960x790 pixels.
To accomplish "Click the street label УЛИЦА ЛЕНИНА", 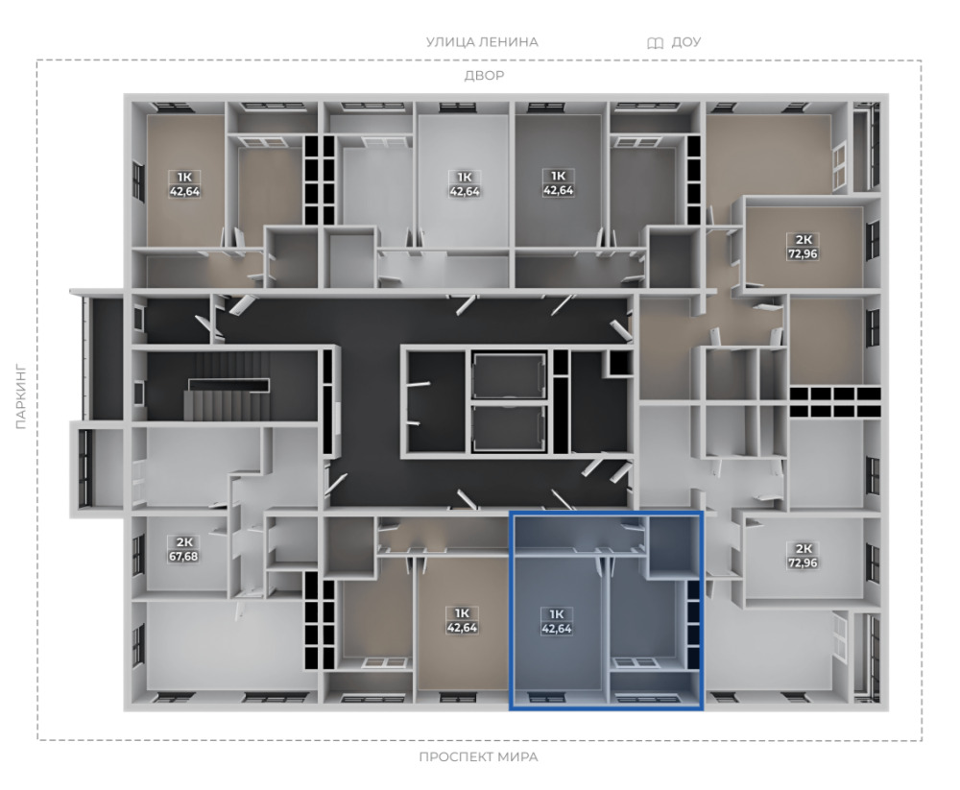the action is tap(482, 42).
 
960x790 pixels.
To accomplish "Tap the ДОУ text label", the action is tap(685, 42).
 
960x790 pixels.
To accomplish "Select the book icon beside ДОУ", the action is tap(655, 43).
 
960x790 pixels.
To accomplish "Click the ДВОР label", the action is tap(484, 75).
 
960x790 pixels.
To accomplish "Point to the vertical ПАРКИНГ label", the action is tap(21, 396).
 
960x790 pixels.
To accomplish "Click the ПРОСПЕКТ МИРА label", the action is tap(478, 756).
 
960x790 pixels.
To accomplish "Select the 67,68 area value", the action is tap(183, 557).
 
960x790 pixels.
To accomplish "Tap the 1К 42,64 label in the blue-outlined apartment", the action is tap(557, 621).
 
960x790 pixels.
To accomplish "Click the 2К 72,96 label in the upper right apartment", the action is tap(803, 246).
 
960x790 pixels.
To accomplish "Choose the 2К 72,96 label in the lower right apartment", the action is tap(804, 556).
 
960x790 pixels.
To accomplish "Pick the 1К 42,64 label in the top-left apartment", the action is tap(184, 183).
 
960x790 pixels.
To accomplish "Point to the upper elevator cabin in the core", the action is tap(509, 375).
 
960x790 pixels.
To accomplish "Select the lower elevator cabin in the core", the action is tap(509, 428).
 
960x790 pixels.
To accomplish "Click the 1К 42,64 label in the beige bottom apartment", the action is tap(462, 620).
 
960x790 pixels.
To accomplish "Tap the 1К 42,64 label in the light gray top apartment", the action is tap(464, 183).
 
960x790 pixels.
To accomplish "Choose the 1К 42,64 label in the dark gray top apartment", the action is tap(558, 183).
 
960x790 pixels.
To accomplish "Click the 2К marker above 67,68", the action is tap(184, 542).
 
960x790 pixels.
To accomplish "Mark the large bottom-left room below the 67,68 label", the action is tap(226, 645).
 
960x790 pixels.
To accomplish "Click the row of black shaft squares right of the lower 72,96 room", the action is tap(835, 402).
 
